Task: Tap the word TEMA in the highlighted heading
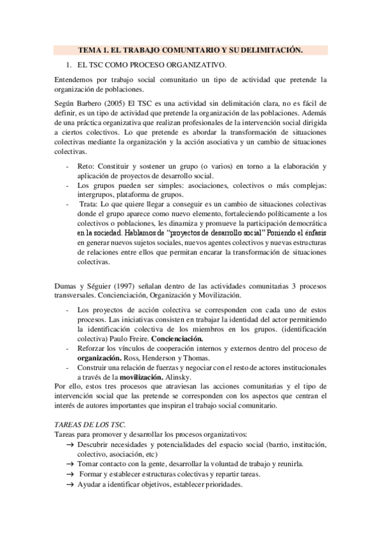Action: click(89, 49)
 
